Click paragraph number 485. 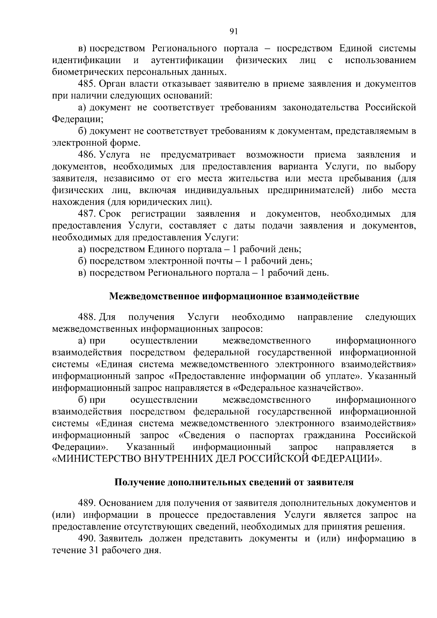point(86,84)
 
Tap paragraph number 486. point(86,155)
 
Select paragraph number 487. point(86,214)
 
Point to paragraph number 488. point(86,318)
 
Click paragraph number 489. point(86,503)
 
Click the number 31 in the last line point(94,551)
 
